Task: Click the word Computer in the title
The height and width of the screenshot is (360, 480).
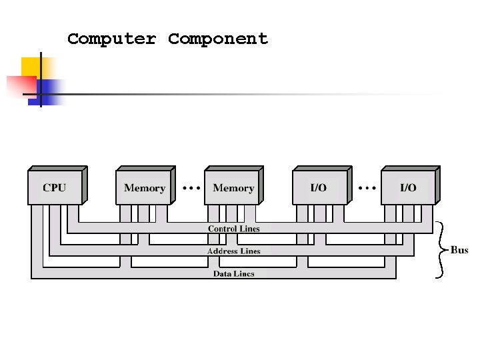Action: (112, 39)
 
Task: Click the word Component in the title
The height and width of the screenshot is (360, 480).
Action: (218, 39)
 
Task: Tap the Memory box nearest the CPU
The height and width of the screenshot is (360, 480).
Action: (146, 185)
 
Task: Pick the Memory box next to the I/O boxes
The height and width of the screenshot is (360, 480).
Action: (234, 185)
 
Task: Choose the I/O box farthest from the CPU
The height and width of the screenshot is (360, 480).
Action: (411, 185)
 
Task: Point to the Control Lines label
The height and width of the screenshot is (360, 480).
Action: (234, 229)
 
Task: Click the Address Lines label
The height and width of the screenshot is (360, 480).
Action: (234, 251)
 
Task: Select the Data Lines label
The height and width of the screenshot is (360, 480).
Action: (234, 274)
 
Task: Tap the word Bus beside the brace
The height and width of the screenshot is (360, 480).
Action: (459, 250)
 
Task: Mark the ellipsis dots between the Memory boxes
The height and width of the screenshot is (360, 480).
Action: (191, 187)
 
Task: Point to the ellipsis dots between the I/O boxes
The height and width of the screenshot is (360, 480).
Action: (367, 187)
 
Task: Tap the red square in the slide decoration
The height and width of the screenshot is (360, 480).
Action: (22, 87)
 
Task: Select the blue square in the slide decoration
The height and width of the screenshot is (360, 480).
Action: (46, 93)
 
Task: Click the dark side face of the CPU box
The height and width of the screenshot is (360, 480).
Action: (85, 185)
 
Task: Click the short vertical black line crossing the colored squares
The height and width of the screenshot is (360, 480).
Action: (41, 79)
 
